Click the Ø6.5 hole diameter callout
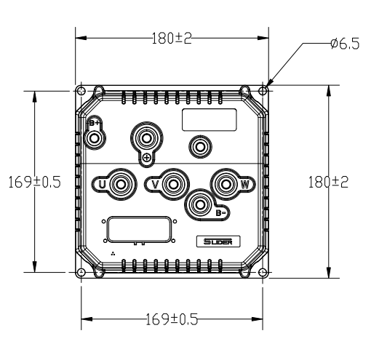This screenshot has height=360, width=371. coord(345,44)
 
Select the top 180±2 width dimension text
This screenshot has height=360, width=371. coord(172,39)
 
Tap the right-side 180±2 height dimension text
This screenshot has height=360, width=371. coord(328,182)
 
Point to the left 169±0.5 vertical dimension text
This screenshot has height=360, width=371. coord(34,182)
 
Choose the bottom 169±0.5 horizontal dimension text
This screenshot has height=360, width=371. coord(172,319)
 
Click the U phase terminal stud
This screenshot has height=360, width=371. coord(120,184)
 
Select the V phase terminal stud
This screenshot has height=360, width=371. coord(173,184)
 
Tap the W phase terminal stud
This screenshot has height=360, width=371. coord(226,184)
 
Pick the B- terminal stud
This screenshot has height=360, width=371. coord(200,205)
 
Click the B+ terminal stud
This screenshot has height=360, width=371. coord(94,139)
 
